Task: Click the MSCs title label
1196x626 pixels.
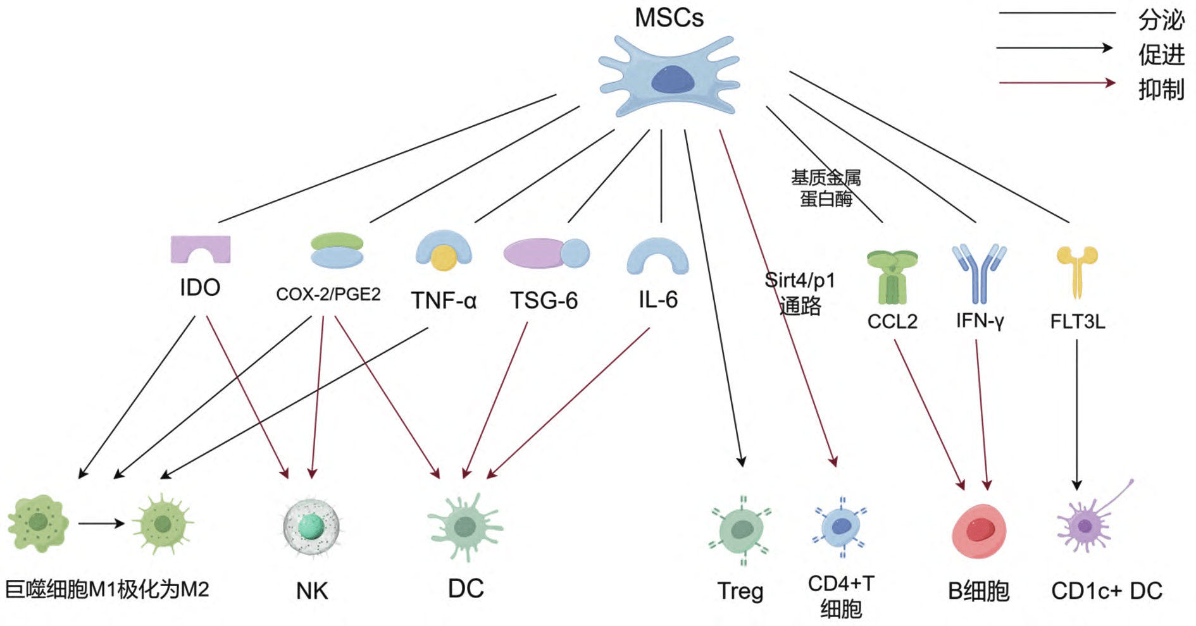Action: point(669,18)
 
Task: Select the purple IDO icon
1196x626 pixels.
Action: point(201,249)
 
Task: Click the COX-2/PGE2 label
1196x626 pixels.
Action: point(328,294)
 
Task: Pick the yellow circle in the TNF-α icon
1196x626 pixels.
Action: point(444,257)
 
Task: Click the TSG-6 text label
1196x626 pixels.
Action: point(544,300)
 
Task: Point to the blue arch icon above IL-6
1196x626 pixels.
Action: point(657,256)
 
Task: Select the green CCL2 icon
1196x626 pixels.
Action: point(892,277)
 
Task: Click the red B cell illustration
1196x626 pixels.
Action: point(979,531)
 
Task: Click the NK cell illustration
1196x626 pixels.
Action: point(311,526)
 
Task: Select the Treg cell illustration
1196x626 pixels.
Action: point(741,530)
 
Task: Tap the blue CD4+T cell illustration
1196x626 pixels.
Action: point(841,527)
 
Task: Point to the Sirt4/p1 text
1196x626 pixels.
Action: point(800,280)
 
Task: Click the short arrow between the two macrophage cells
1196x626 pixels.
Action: point(101,523)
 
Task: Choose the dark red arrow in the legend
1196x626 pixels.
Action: point(1057,83)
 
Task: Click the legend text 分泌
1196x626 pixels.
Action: point(1161,20)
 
